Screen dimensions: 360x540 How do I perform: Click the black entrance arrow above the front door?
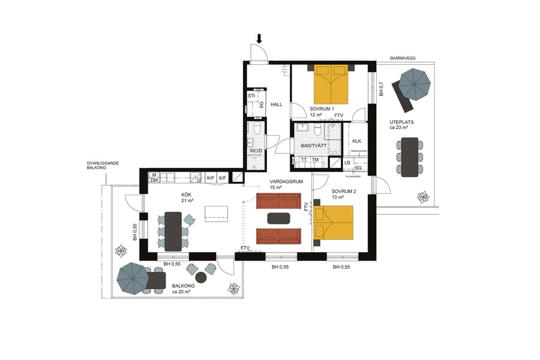pyautogui.click(x=259, y=38)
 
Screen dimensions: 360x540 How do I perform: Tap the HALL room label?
pyautogui.click(x=277, y=104)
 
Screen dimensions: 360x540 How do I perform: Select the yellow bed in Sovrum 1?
pyautogui.click(x=331, y=84)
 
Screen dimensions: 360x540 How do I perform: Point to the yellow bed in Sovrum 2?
pyautogui.click(x=334, y=223)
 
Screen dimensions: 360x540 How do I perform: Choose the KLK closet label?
pyautogui.click(x=356, y=141)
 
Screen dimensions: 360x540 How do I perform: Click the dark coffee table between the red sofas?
pyautogui.click(x=278, y=218)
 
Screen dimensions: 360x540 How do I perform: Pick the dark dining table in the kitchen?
pyautogui.click(x=174, y=231)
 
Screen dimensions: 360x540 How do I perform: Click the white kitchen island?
pyautogui.click(x=217, y=214)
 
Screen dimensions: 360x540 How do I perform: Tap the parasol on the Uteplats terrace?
pyautogui.click(x=415, y=84)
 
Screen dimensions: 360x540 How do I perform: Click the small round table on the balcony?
pyautogui.click(x=201, y=277)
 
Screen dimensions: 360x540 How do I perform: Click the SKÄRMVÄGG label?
pyautogui.click(x=402, y=58)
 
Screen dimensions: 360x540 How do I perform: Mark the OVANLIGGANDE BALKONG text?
pyautogui.click(x=100, y=166)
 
